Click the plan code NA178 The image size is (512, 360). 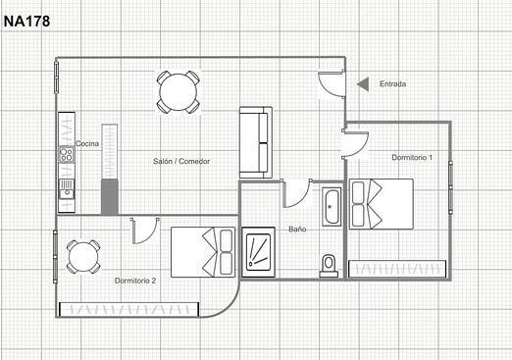(x=26, y=22)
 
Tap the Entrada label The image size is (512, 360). (x=392, y=84)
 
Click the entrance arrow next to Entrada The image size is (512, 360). (x=363, y=84)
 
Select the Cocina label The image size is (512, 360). (x=87, y=143)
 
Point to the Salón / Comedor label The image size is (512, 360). (x=181, y=161)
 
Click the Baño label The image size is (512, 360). (x=297, y=230)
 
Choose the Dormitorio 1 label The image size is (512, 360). (x=412, y=157)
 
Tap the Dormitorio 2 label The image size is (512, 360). (x=135, y=281)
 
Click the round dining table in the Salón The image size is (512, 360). (x=179, y=92)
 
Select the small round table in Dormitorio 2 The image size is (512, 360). (x=83, y=257)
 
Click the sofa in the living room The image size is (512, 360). (x=256, y=142)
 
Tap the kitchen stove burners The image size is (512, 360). (x=66, y=155)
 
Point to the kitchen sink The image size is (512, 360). (x=67, y=189)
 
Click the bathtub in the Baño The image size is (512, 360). (x=332, y=207)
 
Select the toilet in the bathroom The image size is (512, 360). (x=329, y=266)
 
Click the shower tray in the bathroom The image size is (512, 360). (x=258, y=252)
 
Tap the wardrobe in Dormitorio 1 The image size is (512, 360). (x=397, y=269)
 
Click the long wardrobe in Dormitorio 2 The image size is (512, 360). (x=128, y=309)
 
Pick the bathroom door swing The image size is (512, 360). (x=296, y=193)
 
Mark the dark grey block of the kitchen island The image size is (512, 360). (x=110, y=197)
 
